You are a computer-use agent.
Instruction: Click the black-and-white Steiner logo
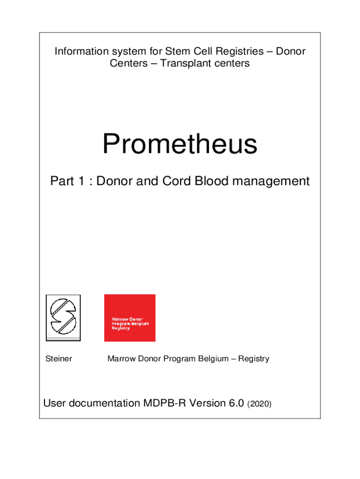(63, 318)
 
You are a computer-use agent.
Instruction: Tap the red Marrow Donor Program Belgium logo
(130, 318)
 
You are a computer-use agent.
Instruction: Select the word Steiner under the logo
(58, 359)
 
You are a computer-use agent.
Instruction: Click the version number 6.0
(235, 403)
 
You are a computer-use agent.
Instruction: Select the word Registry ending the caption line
(253, 359)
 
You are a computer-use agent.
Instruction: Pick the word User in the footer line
(53, 403)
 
